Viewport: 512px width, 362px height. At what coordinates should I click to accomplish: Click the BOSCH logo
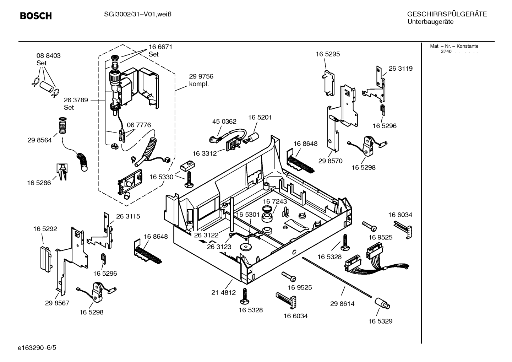pyautogui.click(x=36, y=16)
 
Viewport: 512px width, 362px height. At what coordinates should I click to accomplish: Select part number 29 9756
pyautogui.click(x=201, y=76)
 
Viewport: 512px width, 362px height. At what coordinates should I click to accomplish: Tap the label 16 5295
pyautogui.click(x=328, y=54)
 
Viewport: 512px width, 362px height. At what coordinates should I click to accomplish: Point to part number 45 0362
pyautogui.click(x=224, y=121)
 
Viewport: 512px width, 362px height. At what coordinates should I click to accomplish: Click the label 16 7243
pyautogui.click(x=274, y=201)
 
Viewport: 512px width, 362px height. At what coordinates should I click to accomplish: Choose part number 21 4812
pyautogui.click(x=223, y=292)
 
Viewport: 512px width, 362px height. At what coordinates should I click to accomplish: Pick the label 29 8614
pyautogui.click(x=342, y=304)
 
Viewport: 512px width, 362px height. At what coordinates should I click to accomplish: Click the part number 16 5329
pyautogui.click(x=380, y=321)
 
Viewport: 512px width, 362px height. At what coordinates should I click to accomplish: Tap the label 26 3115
pyautogui.click(x=128, y=216)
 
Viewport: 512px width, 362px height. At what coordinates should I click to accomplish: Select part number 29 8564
pyautogui.click(x=39, y=140)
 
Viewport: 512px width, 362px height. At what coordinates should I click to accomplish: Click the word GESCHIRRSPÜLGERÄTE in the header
pyautogui.click(x=447, y=14)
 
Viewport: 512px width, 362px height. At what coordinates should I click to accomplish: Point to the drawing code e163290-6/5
pyautogui.click(x=37, y=348)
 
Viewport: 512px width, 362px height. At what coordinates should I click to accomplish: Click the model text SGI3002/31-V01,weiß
pyautogui.click(x=138, y=15)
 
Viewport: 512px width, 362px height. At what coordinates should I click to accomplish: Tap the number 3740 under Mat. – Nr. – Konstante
pyautogui.click(x=446, y=52)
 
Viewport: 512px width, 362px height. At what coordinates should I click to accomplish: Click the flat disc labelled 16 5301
pyautogui.click(x=245, y=247)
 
